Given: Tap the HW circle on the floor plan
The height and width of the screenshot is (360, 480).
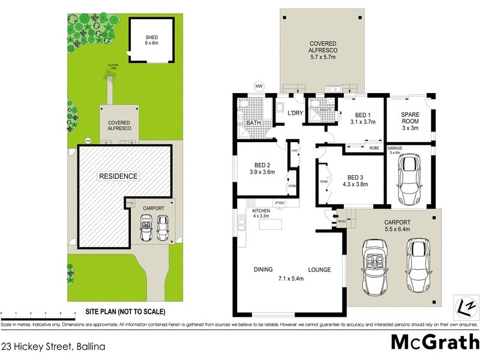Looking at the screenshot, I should tap(259, 86).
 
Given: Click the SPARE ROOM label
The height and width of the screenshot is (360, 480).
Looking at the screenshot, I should tap(410, 121).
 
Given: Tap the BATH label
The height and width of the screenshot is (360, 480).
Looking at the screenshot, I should tap(253, 123).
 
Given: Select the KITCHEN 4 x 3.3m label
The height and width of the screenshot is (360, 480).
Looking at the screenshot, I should tap(262, 213).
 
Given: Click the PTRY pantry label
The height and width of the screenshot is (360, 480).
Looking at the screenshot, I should tap(280, 203).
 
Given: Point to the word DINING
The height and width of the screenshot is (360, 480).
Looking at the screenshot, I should tap(264, 270).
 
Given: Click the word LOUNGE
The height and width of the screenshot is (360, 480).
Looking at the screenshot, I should tap(319, 270).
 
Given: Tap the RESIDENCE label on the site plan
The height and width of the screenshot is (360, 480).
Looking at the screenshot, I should tap(119, 176).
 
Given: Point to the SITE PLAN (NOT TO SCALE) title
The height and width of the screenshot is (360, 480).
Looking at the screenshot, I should tap(125, 312).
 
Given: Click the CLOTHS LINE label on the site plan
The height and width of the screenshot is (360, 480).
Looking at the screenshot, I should tap(113, 65).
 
